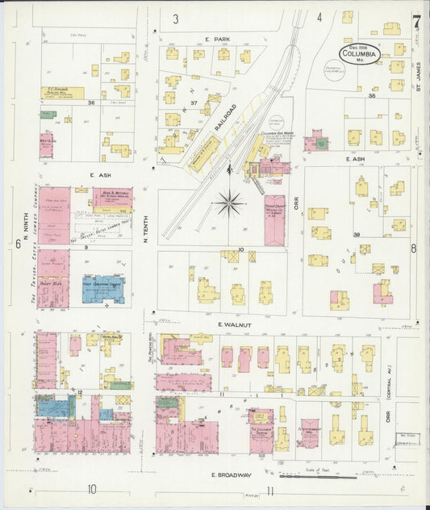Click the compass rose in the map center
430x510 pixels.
230,203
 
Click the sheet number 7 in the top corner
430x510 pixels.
416,23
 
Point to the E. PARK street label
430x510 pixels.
218,39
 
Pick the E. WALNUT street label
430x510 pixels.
230,324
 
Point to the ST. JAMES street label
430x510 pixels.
419,77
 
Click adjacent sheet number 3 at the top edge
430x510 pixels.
176,18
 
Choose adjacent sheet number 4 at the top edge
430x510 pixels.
319,17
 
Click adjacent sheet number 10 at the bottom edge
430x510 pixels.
93,488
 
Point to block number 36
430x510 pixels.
91,102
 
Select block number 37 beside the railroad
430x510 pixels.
194,102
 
